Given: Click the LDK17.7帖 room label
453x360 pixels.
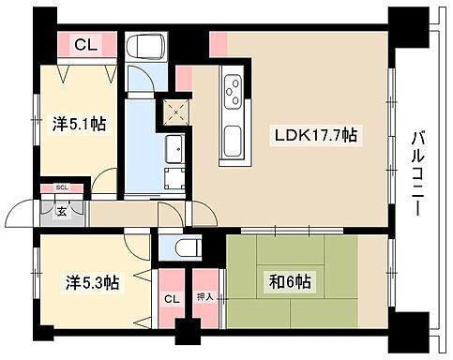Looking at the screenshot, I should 315,135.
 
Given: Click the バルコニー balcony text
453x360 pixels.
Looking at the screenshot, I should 420,173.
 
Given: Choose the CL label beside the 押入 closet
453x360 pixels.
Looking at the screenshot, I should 171,298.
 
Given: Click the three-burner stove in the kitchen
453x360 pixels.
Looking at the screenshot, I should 232,91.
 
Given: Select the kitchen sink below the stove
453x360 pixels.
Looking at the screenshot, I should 231,142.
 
